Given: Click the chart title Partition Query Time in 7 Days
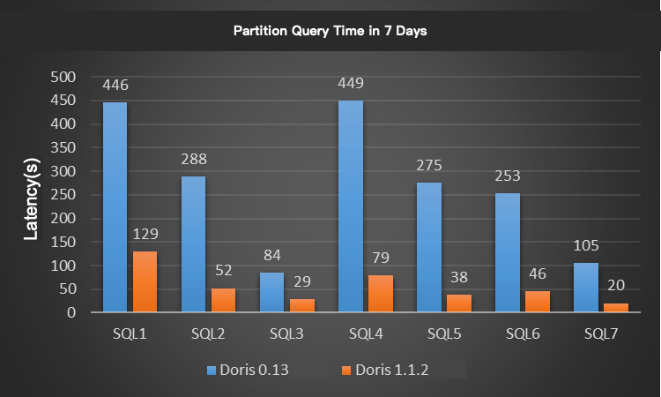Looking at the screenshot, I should (330, 31).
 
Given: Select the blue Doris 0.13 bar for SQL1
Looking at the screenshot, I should (115, 206).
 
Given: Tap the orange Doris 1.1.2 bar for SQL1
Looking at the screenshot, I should (145, 281).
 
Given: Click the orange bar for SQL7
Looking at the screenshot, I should (616, 307).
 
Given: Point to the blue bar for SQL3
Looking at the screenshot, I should (272, 292).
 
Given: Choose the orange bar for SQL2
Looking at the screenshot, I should (223, 300).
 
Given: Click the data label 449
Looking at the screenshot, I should (351, 85).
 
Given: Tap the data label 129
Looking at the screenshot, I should (145, 236).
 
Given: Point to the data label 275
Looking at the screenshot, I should (429, 166).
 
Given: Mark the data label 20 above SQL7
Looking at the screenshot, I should (616, 287).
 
